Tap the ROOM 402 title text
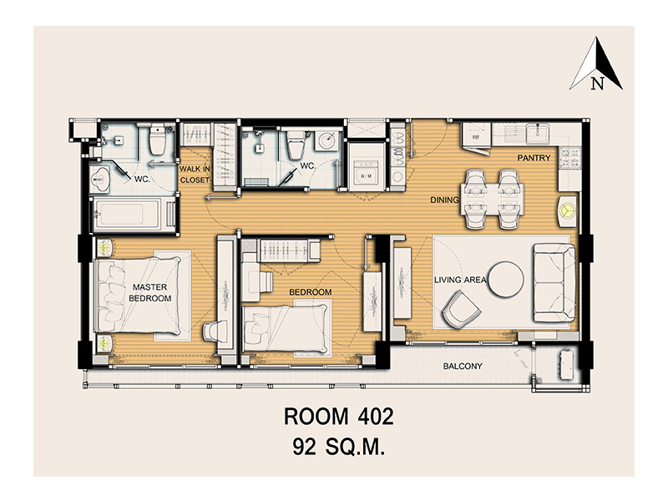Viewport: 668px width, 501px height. point(339,417)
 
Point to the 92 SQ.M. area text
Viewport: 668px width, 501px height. point(339,448)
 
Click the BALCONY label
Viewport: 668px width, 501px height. point(463,366)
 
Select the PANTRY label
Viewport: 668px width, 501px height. point(534,158)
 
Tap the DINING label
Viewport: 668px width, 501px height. point(444,200)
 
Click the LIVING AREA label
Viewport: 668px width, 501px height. point(460,280)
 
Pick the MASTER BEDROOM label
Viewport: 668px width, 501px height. point(149,293)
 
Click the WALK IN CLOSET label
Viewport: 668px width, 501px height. point(195,175)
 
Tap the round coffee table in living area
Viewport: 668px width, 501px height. point(506,279)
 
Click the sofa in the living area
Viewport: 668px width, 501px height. point(554,283)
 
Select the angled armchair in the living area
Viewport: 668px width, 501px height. point(461,310)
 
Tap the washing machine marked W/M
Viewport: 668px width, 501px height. point(366,175)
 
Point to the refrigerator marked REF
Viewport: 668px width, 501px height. point(476,134)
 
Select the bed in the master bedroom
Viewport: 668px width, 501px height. point(137,295)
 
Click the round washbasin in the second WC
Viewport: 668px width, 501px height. point(327,140)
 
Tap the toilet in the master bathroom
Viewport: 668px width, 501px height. point(157,140)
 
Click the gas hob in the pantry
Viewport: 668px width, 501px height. point(570,157)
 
